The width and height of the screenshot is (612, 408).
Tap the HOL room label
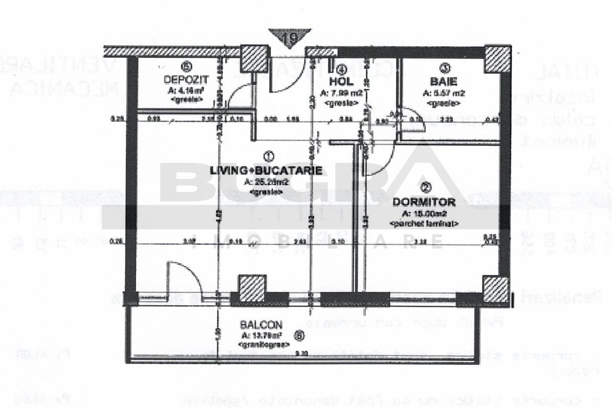[x=341, y=81]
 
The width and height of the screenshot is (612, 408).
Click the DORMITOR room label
[x=424, y=202]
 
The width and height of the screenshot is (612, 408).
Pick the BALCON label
[x=262, y=324]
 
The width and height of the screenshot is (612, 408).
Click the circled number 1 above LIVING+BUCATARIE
[x=268, y=156]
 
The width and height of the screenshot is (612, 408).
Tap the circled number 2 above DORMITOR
[x=422, y=187]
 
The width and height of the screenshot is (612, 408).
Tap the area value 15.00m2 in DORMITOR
[x=424, y=214]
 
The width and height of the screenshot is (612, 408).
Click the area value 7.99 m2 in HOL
[x=341, y=93]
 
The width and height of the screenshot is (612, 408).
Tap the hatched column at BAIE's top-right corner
[x=498, y=59]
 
